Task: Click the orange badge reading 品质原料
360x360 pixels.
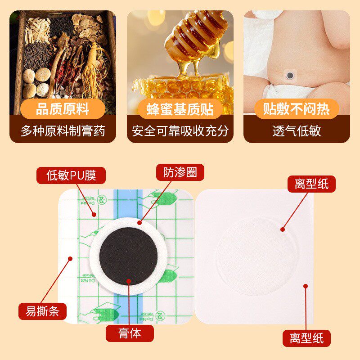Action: coord(63,109)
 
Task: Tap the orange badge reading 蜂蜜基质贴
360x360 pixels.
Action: coord(180,109)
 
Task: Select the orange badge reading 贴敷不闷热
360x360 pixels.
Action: coord(297,109)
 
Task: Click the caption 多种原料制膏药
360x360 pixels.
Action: coord(63,131)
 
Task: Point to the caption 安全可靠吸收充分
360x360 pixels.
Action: coord(180,131)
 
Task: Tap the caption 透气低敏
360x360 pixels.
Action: coord(297,131)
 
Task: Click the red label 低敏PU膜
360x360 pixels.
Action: coord(71,175)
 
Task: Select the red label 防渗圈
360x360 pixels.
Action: coord(180,172)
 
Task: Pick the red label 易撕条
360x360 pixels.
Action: coord(42,311)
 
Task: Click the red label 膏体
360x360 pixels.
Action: coord(130,333)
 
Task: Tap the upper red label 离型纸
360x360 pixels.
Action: coord(311,184)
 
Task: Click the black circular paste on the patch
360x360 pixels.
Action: coord(129,256)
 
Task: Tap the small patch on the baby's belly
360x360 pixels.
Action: coord(290,75)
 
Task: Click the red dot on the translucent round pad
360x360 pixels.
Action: coord(283,229)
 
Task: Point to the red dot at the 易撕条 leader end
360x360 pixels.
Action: coord(70,258)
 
